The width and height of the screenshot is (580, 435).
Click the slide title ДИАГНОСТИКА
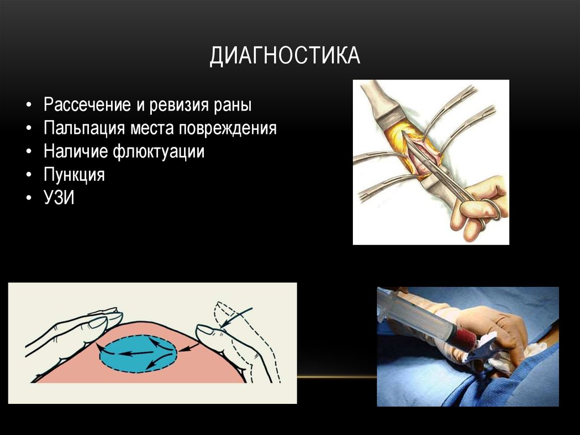pyautogui.click(x=285, y=57)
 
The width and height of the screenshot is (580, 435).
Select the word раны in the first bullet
pyautogui.click(x=233, y=105)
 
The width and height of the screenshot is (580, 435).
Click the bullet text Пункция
pyautogui.click(x=74, y=175)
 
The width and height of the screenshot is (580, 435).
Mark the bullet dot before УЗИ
pyautogui.click(x=29, y=199)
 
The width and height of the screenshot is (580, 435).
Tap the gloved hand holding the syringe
pyautogui.click(x=493, y=329)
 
